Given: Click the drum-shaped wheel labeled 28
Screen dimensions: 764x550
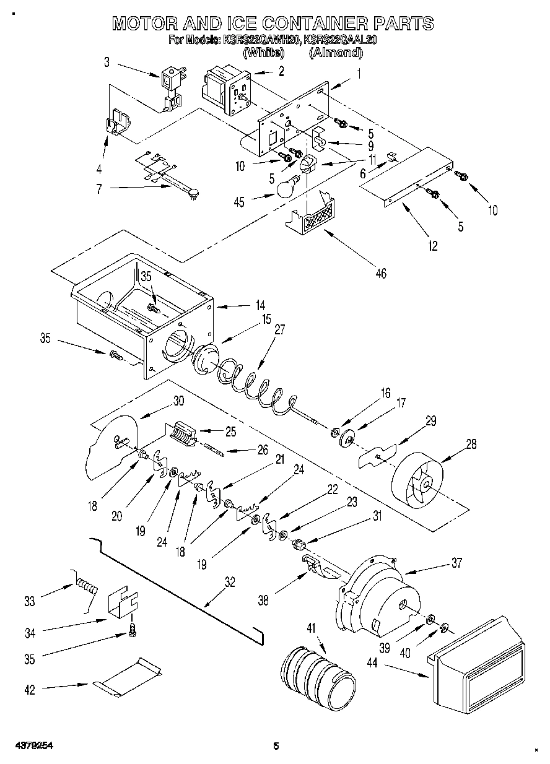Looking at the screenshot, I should click(x=421, y=477).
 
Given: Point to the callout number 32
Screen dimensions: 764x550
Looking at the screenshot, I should click(x=230, y=581).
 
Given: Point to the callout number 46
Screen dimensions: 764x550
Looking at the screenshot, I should click(x=380, y=273).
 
